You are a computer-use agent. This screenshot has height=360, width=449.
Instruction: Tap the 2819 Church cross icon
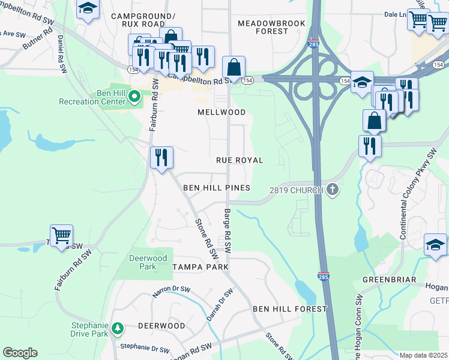tap(333, 190)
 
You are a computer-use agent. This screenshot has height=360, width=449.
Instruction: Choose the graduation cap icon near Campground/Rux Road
tap(88, 8)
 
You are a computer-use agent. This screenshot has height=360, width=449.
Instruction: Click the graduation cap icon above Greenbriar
tap(435, 244)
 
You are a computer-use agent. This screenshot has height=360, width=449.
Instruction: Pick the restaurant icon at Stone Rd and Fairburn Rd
tap(161, 157)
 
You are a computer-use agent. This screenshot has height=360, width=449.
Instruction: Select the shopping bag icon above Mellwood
tap(234, 67)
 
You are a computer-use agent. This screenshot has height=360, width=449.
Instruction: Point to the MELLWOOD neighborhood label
tap(221, 112)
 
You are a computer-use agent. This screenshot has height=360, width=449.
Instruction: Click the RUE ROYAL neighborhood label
tap(240, 160)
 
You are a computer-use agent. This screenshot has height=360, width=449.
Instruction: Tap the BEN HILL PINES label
tap(216, 188)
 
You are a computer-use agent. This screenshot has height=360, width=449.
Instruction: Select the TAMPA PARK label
tap(200, 266)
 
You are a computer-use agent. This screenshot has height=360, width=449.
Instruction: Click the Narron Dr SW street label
tap(172, 290)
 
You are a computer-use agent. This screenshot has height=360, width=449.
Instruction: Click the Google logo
tap(20, 353)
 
